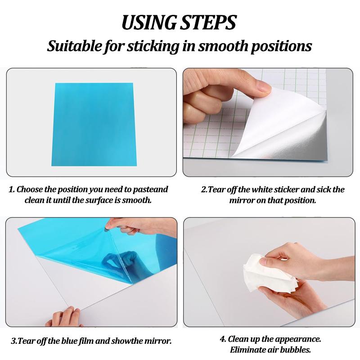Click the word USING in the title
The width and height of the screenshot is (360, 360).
149,22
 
